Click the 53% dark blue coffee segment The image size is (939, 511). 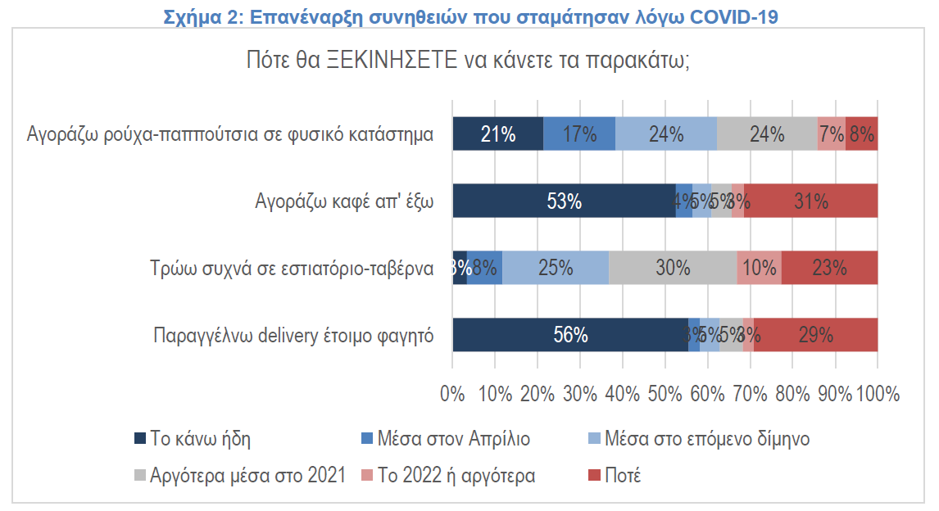(564, 201)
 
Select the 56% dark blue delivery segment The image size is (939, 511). (570, 334)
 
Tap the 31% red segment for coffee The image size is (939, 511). (810, 201)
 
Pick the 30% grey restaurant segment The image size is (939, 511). (673, 268)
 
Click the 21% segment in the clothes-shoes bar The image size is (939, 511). (497, 133)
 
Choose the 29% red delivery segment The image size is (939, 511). (815, 334)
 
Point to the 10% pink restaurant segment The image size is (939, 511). (759, 268)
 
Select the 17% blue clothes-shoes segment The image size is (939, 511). (579, 133)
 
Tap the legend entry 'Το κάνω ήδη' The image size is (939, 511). (200, 439)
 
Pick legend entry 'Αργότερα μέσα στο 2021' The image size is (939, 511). (248, 476)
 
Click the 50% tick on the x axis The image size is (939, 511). (665, 394)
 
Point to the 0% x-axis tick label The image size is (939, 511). (452, 394)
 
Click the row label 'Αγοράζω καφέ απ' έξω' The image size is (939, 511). (343, 201)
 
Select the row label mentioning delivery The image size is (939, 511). (293, 335)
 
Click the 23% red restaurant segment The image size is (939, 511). (829, 268)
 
